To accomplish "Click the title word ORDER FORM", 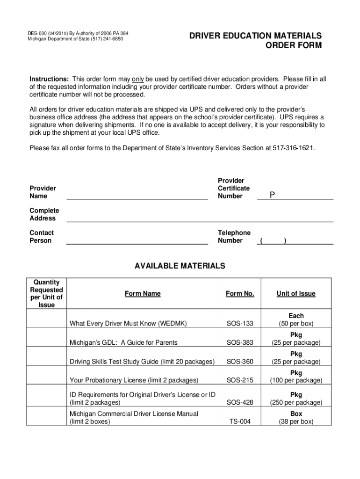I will (x=294, y=45).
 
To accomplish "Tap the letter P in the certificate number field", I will (x=272, y=195).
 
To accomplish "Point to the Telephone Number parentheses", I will (x=274, y=240).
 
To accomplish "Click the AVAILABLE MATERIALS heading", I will (x=180, y=266).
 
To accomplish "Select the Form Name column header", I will (x=143, y=294).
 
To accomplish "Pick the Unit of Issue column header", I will (x=296, y=294).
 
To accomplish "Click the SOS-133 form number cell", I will (x=240, y=324).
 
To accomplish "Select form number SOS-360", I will (x=240, y=362).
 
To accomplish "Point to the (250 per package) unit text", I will (x=296, y=402).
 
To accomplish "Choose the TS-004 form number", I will (x=240, y=421).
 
